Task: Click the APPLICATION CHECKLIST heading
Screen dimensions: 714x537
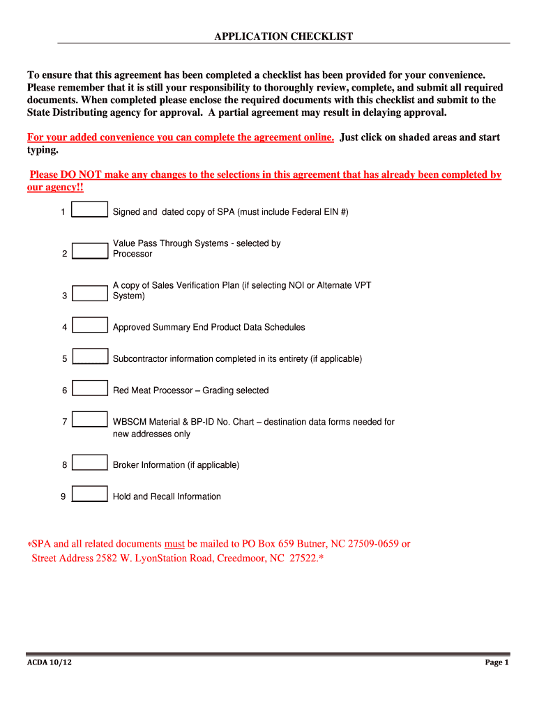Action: [283, 36]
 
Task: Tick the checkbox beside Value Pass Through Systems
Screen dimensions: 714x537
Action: [90, 251]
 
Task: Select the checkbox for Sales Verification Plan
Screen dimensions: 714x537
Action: [90, 293]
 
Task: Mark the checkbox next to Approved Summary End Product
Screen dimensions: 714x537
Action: [90, 325]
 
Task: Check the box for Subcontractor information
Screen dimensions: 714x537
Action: [90, 356]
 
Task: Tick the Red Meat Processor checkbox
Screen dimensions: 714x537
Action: [90, 388]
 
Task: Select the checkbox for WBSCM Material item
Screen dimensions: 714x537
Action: [90, 420]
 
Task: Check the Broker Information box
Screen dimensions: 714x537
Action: [90, 463]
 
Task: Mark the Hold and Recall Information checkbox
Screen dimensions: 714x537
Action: [90, 494]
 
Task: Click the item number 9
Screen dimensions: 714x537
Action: [63, 496]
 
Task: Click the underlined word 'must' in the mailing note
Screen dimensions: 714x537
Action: [174, 544]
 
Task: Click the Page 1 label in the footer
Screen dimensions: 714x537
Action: [497, 662]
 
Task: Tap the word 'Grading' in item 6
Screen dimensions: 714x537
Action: [218, 390]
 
